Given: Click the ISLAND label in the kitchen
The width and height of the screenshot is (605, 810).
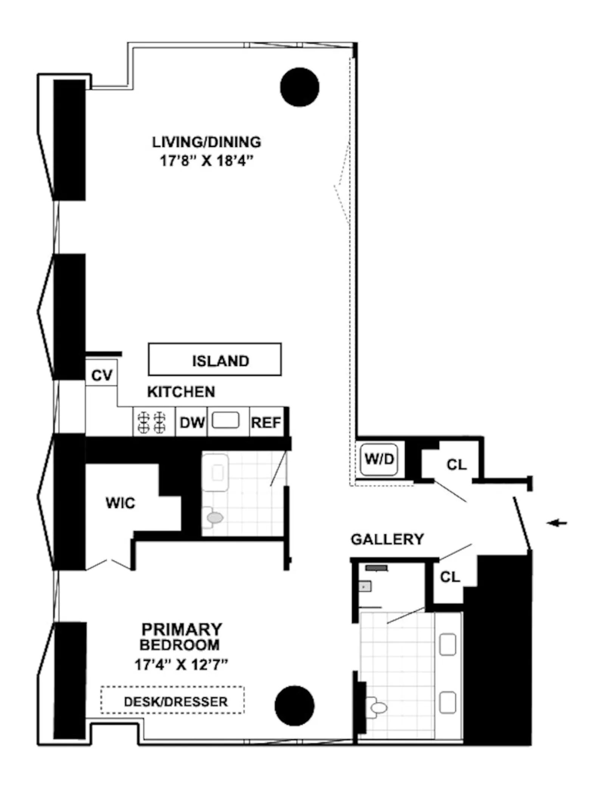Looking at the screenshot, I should tap(220, 361).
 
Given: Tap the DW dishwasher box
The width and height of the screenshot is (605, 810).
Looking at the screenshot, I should tap(192, 423).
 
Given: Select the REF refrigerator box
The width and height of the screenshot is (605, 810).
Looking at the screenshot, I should tap(266, 423).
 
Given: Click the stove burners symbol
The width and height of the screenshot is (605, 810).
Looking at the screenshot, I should tap(152, 422).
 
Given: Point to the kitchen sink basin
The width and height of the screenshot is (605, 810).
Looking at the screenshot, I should tap(225, 420).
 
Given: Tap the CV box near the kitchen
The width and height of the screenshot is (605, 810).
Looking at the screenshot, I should tap(101, 375).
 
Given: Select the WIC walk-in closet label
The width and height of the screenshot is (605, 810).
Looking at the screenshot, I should tap(120, 503).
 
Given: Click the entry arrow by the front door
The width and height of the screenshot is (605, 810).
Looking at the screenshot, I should tap(557, 523).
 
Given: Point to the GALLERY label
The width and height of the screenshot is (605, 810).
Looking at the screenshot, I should tap(387, 539).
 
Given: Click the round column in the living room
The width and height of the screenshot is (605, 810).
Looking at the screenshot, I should tap(299, 87).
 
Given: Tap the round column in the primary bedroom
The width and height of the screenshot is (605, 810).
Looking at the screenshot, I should tap(295, 705).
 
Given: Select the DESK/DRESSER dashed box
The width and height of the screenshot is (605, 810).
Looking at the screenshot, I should tap(173, 702).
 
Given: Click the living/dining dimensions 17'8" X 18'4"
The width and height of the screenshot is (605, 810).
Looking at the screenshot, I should tap(206, 161).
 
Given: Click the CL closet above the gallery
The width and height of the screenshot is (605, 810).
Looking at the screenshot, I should tap(456, 465).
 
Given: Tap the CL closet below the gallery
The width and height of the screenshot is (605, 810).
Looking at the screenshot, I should tap(450, 577).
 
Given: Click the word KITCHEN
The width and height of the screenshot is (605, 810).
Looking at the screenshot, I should tap(181, 392).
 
